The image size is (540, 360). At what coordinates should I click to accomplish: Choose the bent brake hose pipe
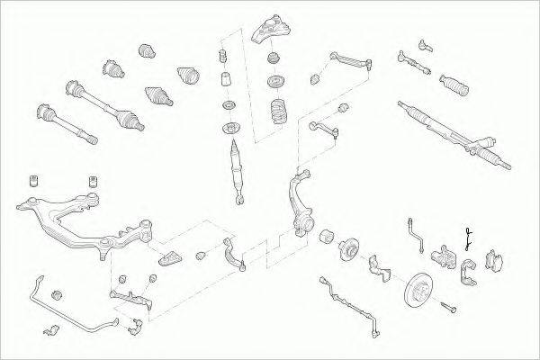tap(415, 232)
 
